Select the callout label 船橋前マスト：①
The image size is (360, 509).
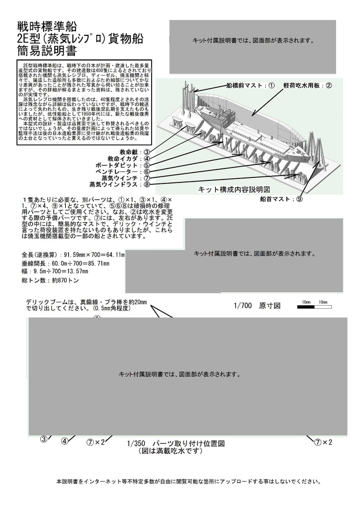250,85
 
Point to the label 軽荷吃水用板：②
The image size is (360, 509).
307,85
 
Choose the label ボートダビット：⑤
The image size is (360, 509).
122,165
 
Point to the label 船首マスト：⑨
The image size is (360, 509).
281,199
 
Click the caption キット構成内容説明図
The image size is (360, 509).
234,189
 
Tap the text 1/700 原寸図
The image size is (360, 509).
257,306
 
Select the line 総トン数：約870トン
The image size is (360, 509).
51,281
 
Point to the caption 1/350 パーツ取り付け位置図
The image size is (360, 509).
177,443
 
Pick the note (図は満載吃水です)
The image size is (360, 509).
171,451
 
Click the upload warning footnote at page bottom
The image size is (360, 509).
188,482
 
